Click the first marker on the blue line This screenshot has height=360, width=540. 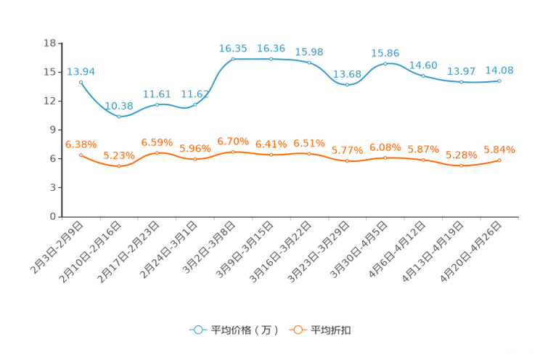[x=81, y=82]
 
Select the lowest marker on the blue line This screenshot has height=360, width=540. [x=119, y=116]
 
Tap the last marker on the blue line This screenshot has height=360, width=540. [x=499, y=80]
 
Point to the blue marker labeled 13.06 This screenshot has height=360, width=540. [x=348, y=84]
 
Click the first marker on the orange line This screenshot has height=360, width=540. [x=81, y=155]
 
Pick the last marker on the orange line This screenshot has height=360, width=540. [x=499, y=160]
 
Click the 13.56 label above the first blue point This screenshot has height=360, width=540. [x=81, y=71]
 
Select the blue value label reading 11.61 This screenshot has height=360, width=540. [x=157, y=94]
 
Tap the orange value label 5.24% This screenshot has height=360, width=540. [x=118, y=155]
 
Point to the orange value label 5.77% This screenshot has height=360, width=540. [x=346, y=150]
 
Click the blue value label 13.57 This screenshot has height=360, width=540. [x=462, y=71]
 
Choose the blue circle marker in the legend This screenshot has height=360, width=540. [x=197, y=330]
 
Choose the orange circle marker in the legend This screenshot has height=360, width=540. [x=296, y=330]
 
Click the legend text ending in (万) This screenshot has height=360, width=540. [x=245, y=330]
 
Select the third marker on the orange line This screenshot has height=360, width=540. [x=157, y=152]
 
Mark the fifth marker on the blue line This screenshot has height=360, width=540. [x=233, y=59]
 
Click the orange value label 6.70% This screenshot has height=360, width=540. [x=233, y=141]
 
